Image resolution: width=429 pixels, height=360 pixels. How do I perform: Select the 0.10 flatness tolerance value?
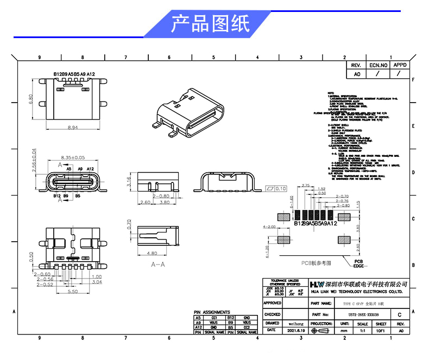point(280,188)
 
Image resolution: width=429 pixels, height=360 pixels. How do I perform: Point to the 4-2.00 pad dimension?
point(269,226)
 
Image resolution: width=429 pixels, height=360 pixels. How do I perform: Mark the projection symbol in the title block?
point(321,330)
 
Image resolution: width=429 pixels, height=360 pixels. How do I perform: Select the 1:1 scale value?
point(362,330)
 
